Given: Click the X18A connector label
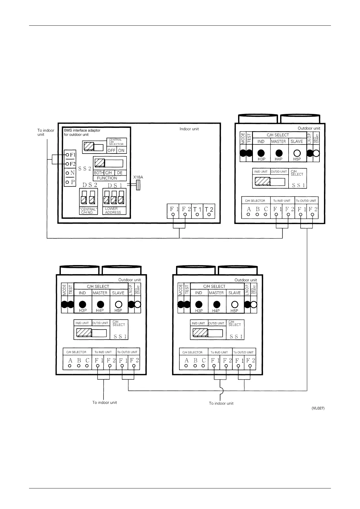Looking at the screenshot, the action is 138,177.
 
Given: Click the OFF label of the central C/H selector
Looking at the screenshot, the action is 112,150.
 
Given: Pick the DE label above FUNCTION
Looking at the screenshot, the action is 119,173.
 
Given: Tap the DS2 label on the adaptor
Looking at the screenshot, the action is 90,185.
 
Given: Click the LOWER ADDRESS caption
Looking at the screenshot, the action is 113,211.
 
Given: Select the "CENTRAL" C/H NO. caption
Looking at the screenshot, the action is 88,211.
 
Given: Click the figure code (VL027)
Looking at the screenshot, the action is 318,408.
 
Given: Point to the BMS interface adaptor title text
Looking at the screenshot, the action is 82,132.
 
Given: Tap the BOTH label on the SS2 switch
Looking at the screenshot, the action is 99,173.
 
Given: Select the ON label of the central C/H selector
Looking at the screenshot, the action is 121,150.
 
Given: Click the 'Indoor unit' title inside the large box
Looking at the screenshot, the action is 189,129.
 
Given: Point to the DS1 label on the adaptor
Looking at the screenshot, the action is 115,186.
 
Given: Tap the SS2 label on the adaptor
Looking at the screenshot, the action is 85,169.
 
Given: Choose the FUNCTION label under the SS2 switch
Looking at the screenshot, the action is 107,178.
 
